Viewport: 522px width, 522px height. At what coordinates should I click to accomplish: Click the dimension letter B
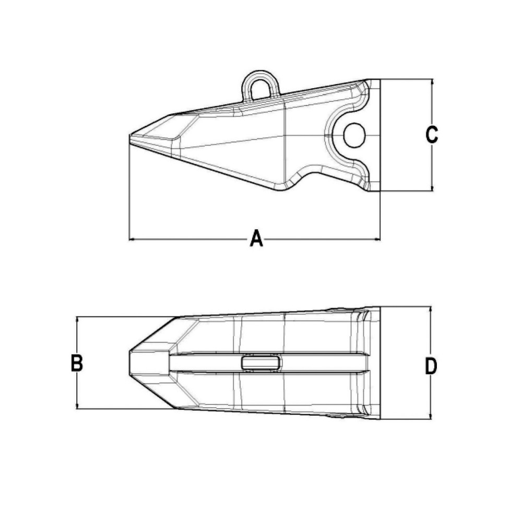pos(77,363)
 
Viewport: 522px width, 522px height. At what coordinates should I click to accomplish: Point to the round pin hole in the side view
pos(354,135)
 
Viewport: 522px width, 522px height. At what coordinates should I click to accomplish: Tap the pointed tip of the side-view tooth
pos(130,137)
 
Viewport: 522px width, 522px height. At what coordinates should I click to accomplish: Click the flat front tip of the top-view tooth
pos(130,363)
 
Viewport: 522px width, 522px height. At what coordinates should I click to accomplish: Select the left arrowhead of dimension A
pos(132,240)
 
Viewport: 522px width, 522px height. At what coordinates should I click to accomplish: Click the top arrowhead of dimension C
pos(432,82)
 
